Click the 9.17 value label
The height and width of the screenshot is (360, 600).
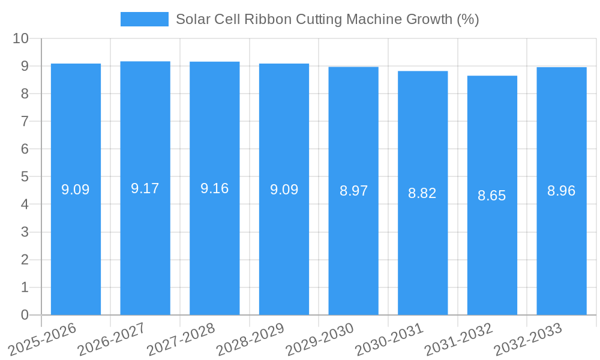145,188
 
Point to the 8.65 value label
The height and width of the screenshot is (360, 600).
492,196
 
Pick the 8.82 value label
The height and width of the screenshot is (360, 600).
422,193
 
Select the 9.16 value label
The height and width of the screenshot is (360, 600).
215,188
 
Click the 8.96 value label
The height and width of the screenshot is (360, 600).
562,191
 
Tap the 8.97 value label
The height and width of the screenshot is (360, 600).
353,191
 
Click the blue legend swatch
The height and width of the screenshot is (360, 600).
145,19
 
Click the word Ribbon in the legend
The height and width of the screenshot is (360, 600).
267,19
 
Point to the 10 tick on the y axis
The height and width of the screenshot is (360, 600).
21,38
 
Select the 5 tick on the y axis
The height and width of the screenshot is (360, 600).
25,177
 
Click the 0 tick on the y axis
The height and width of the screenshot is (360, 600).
25,315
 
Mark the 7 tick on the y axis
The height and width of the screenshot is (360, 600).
25,121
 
